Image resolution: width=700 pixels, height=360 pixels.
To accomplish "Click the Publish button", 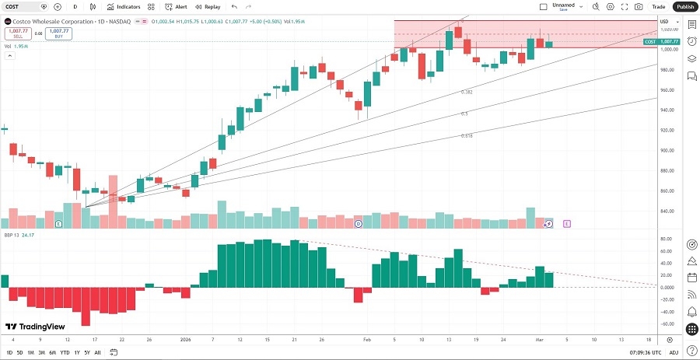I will click(x=684, y=6).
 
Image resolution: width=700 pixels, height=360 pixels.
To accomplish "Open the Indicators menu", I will click(x=124, y=6).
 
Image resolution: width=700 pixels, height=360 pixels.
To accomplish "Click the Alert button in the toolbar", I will click(x=176, y=6).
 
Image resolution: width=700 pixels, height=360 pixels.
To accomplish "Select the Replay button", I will click(x=208, y=6).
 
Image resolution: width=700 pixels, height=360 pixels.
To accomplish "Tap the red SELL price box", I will click(x=16, y=33).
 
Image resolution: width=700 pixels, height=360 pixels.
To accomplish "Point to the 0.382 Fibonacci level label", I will click(x=467, y=92).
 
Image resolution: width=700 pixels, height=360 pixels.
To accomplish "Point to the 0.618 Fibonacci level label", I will click(x=467, y=135).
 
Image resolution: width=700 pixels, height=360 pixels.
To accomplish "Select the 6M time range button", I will click(x=53, y=352).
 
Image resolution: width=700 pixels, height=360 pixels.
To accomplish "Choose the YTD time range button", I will click(x=65, y=352).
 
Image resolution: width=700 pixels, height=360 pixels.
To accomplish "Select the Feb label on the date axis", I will click(x=366, y=340).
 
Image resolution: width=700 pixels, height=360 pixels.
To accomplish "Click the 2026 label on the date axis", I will click(x=185, y=340).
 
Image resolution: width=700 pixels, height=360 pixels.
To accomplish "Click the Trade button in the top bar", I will click(x=658, y=6).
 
